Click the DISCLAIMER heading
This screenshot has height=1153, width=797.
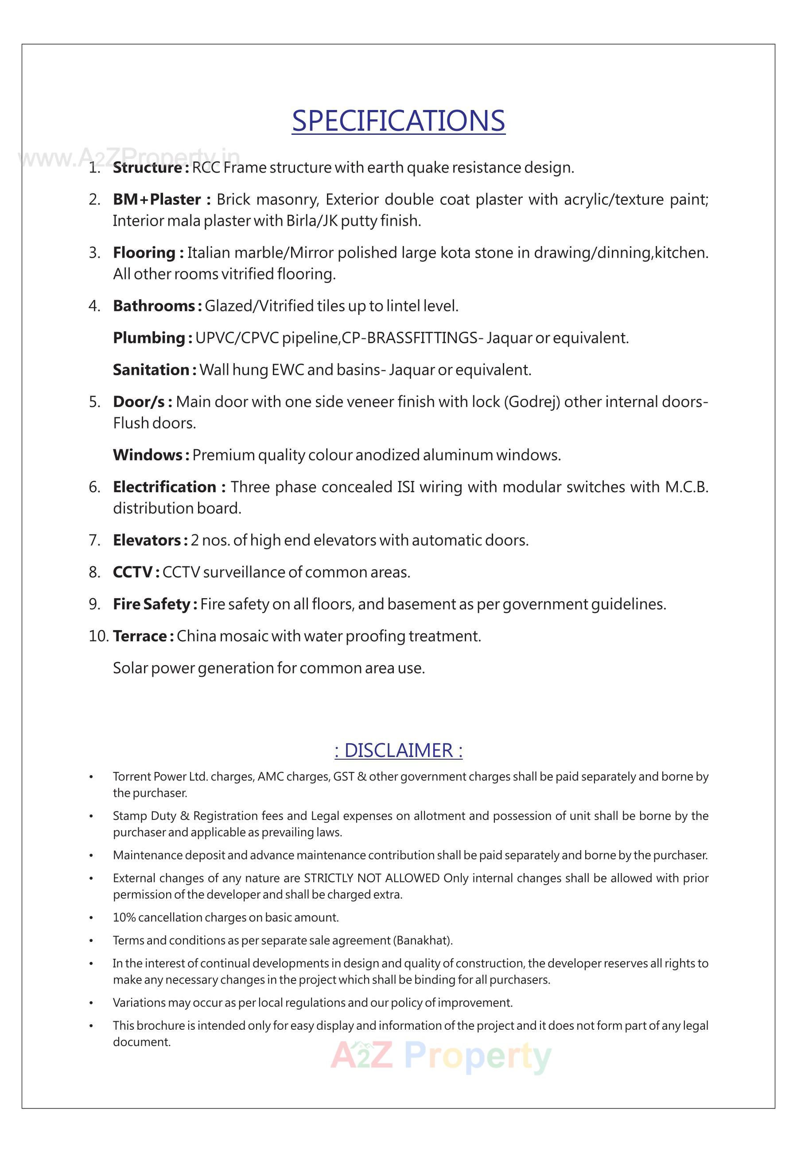[399, 751]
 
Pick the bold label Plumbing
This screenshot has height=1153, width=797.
[152, 338]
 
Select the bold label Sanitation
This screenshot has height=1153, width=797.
[154, 370]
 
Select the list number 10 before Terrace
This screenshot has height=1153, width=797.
[98, 636]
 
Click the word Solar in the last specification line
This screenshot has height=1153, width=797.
[130, 668]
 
